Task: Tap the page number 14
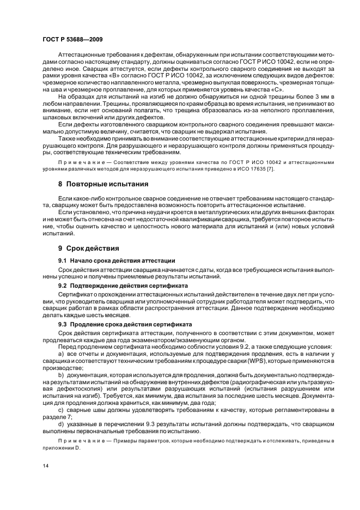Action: tap(45, 465)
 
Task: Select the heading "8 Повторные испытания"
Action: tap(103, 184)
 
